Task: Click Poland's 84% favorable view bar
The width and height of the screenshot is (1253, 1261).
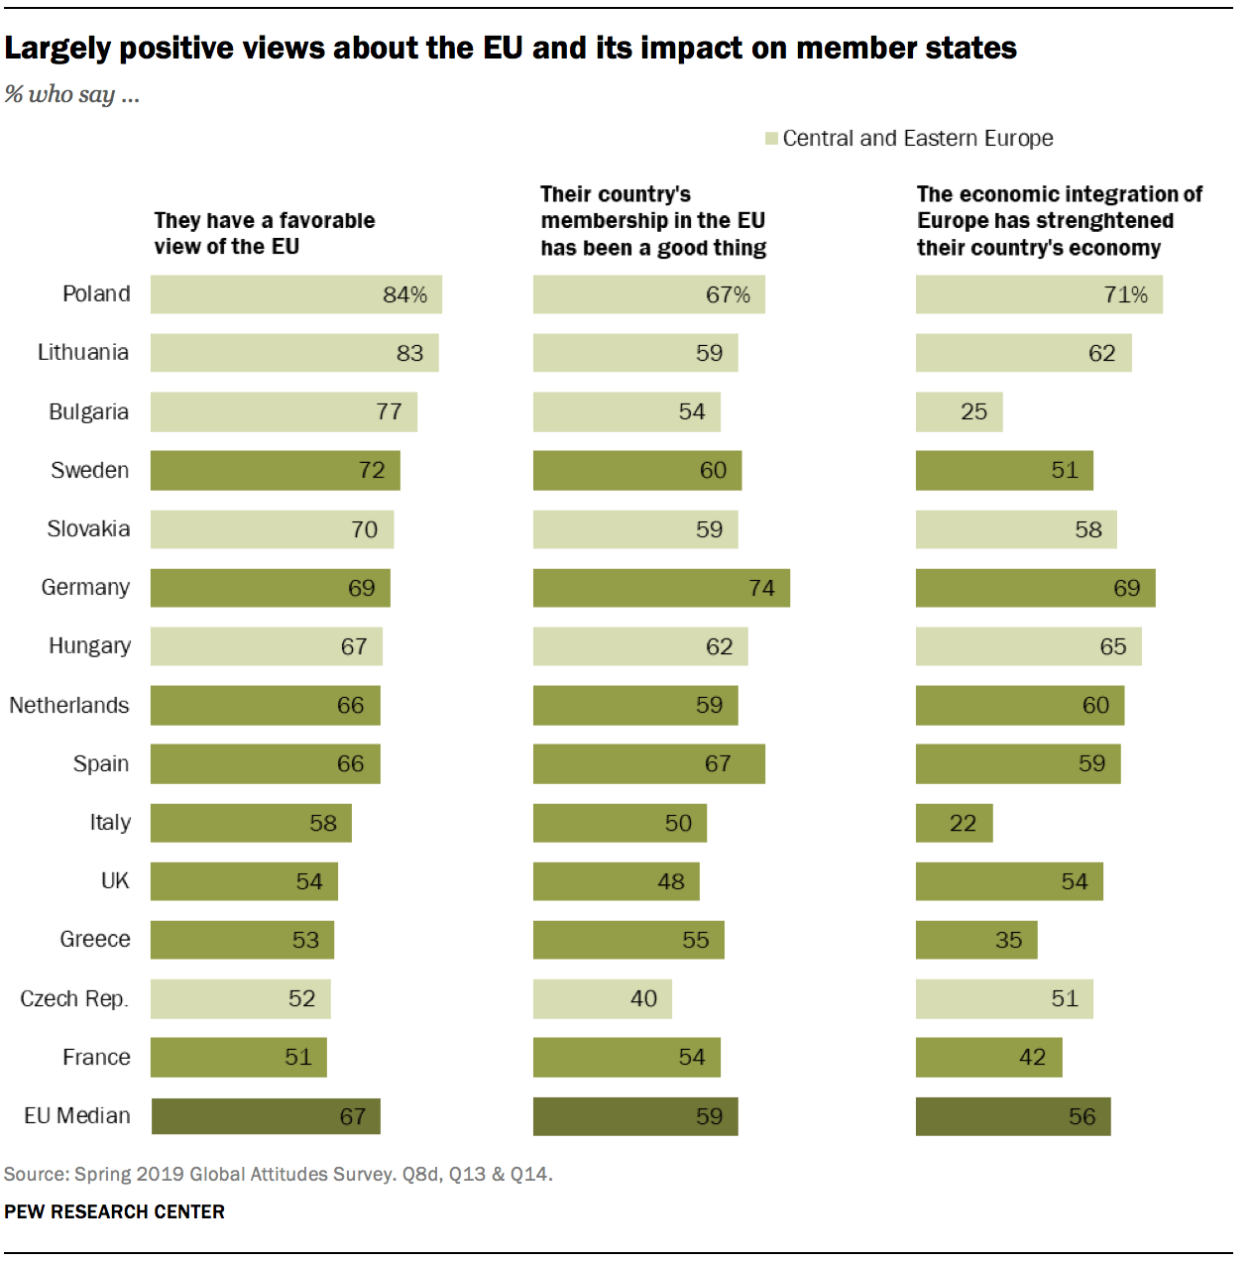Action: [295, 294]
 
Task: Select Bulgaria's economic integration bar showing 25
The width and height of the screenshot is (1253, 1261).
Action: [959, 412]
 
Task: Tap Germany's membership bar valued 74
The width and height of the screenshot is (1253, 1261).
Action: [661, 588]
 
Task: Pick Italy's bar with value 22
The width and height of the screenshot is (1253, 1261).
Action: [954, 823]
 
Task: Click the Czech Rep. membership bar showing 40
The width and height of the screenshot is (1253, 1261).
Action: [602, 998]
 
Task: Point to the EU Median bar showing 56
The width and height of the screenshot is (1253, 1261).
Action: [1012, 1116]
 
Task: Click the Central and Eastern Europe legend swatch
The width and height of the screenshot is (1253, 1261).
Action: [771, 139]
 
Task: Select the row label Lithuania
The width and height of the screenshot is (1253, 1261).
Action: [83, 353]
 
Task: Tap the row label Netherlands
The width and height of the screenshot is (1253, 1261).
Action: [69, 705]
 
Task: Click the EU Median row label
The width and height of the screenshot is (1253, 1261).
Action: [77, 1116]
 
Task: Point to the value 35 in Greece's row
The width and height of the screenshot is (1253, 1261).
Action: [1008, 940]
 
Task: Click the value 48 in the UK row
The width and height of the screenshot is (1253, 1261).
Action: [671, 881]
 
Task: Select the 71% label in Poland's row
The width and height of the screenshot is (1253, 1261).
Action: [1125, 294]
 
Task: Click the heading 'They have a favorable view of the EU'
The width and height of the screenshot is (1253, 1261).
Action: [264, 233]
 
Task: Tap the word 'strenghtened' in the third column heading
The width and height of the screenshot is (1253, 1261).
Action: [1110, 221]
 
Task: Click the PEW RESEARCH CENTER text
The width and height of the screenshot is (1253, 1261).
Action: [114, 1211]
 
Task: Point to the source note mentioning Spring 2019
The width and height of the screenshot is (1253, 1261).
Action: [278, 1174]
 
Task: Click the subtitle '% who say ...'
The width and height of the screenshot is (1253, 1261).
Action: [71, 94]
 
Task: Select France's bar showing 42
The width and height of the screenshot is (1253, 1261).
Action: [988, 1058]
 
